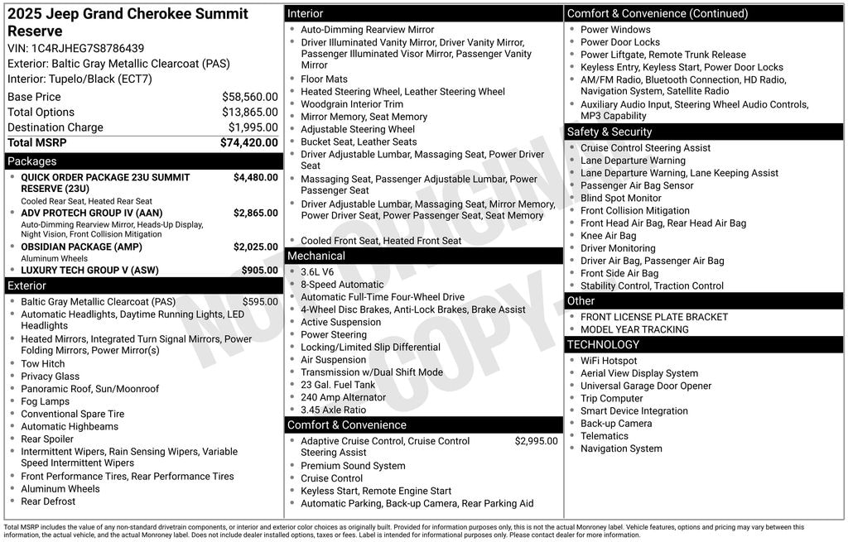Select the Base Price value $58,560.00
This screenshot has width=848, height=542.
pos(249,97)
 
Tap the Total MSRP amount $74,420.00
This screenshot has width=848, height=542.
pos(248,142)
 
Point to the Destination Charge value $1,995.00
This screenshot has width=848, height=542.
pos(253,127)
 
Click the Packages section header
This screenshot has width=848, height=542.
pos(32,161)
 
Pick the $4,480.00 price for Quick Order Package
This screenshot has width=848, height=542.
pos(255,177)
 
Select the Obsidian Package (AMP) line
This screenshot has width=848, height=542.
pos(81,247)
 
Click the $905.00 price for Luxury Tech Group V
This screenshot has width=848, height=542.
pos(259,270)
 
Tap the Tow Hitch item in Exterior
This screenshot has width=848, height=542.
pos(42,364)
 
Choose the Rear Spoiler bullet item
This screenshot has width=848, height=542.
pos(47,439)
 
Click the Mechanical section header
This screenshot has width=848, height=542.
pos(316,256)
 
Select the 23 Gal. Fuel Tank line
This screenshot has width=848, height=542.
pos(337,385)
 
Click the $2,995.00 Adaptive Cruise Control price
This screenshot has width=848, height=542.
pos(536,441)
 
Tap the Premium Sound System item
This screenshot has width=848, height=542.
pos(341,466)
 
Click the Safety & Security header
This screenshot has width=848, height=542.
pos(609,132)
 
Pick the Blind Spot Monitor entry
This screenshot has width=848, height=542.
pos(620,199)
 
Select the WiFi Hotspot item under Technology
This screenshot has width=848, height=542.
pos(609,361)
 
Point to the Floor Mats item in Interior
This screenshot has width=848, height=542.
pos(324,79)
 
